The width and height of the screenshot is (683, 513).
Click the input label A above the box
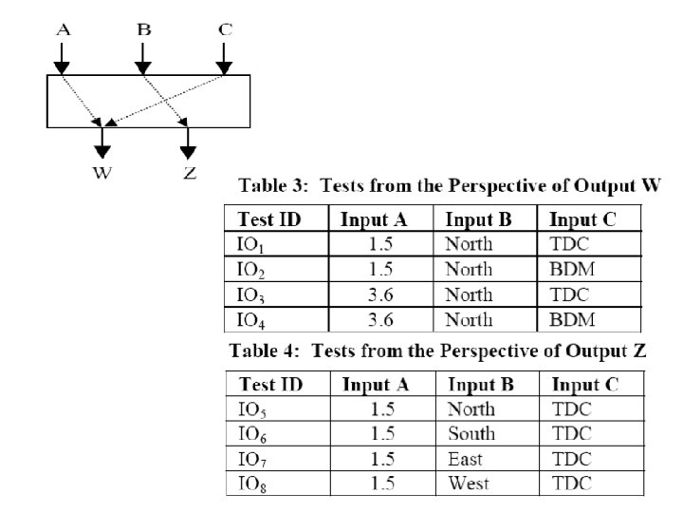(x=63, y=29)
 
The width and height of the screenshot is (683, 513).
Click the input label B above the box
(x=143, y=29)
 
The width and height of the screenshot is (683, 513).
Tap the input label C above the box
(x=225, y=29)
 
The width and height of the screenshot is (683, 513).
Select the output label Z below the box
(x=189, y=172)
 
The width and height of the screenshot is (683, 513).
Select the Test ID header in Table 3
(x=269, y=220)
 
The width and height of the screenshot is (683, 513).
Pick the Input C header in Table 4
(x=585, y=385)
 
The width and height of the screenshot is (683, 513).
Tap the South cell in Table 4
(x=471, y=434)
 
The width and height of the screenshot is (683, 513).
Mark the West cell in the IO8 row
(x=468, y=484)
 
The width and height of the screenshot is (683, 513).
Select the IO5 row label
(x=251, y=409)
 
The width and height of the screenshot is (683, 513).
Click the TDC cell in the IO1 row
(x=569, y=244)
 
